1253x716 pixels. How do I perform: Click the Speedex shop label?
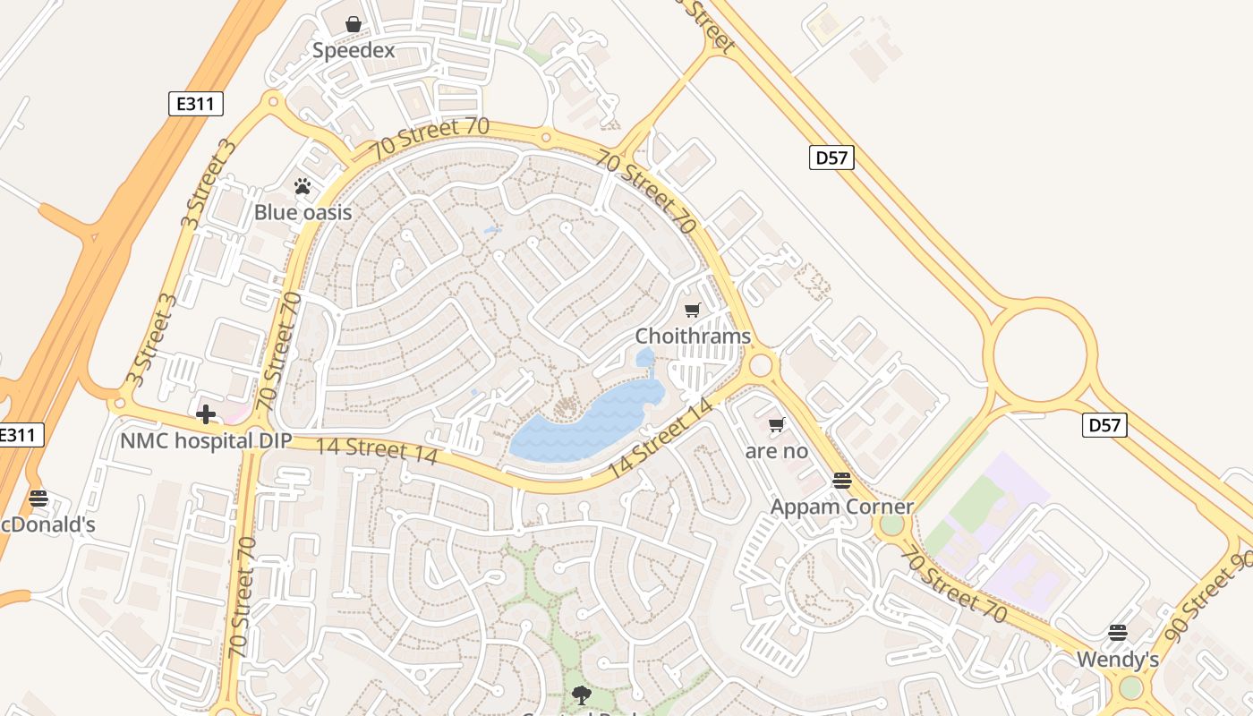[353, 50]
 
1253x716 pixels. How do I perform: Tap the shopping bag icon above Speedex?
[354, 24]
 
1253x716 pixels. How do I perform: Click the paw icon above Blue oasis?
[303, 186]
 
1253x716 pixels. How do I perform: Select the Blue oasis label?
[303, 212]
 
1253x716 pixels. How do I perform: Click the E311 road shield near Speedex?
[195, 104]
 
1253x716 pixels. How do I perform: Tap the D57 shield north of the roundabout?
[831, 158]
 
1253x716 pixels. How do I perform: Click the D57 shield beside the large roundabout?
[1104, 425]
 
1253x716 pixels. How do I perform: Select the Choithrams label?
[692, 337]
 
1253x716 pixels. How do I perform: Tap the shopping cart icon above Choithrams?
[692, 311]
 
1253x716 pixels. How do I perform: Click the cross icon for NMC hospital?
[206, 414]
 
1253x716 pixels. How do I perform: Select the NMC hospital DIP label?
[206, 440]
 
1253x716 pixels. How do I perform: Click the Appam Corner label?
[841, 507]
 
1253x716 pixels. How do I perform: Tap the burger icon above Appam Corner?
[841, 481]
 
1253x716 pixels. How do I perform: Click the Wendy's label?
[1117, 660]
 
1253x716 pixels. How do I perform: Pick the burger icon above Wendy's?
[1117, 634]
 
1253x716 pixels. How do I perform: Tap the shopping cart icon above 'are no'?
[776, 424]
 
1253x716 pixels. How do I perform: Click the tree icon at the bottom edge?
[582, 695]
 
